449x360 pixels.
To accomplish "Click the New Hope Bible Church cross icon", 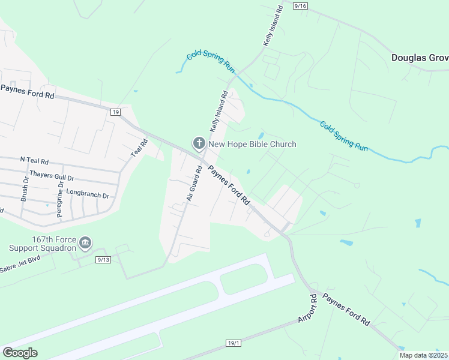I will [199, 143].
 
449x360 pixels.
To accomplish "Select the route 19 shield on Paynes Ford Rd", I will [116, 112].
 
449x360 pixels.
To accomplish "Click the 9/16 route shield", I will [301, 6].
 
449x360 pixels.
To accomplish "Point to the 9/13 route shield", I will [103, 260].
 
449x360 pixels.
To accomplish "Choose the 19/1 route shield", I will [234, 343].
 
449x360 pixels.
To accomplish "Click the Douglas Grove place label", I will [420, 58].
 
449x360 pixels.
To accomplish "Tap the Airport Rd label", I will [307, 309].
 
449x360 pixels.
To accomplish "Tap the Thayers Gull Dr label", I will [52, 178].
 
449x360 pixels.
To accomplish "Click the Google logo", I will [20, 352].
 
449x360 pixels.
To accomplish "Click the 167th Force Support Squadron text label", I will [43, 243].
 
